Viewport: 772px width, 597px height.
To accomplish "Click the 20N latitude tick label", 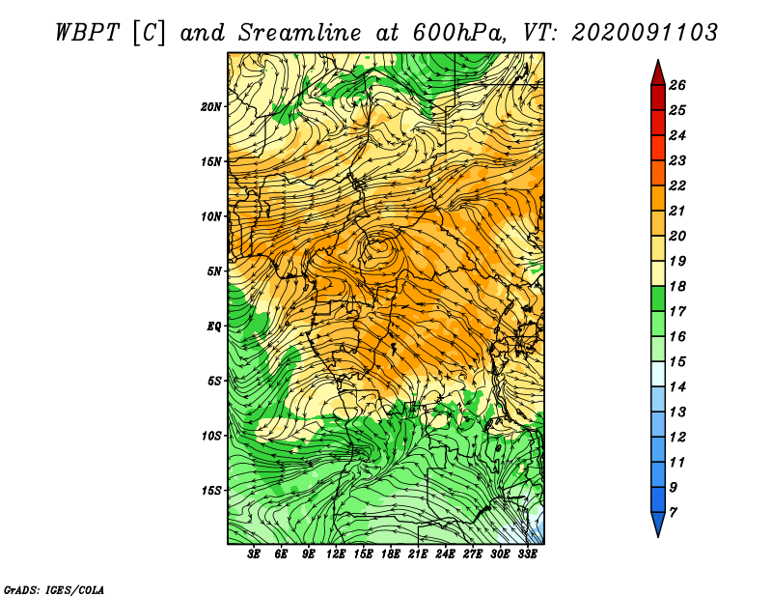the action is click(211, 106).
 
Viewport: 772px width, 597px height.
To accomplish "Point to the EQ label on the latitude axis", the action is click(213, 326).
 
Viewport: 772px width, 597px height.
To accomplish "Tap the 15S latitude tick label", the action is click(211, 490).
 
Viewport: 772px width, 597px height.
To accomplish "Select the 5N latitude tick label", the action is click(214, 271).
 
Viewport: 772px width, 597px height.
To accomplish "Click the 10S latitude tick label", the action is click(211, 436).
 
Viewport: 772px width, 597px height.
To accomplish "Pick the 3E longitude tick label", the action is click(254, 554).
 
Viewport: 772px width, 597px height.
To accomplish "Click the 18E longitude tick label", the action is click(391, 554).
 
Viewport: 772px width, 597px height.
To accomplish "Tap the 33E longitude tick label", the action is click(527, 554).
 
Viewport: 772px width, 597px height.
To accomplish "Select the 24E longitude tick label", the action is click(445, 554).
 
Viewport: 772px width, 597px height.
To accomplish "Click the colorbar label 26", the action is click(677, 85).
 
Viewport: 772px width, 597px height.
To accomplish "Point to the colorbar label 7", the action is click(673, 513).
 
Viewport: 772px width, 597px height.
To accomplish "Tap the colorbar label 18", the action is click(677, 286).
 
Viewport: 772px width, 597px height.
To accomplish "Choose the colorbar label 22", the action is click(677, 185).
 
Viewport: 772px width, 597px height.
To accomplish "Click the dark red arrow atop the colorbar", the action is click(658, 74).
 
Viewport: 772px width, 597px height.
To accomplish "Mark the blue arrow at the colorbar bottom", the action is click(658, 524).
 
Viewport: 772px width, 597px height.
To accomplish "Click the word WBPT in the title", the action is click(87, 33).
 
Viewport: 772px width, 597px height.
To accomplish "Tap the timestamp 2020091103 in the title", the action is click(645, 33).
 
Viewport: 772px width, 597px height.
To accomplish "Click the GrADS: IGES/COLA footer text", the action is click(54, 590).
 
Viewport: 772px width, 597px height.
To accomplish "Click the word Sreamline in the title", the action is click(300, 33).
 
